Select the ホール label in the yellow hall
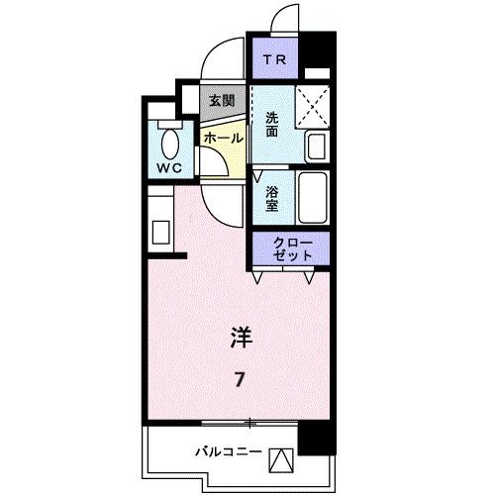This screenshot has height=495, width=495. (222, 138)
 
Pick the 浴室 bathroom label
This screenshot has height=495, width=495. (272, 200)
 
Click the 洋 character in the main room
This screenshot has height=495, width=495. (241, 339)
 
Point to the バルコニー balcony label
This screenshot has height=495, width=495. (227, 452)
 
